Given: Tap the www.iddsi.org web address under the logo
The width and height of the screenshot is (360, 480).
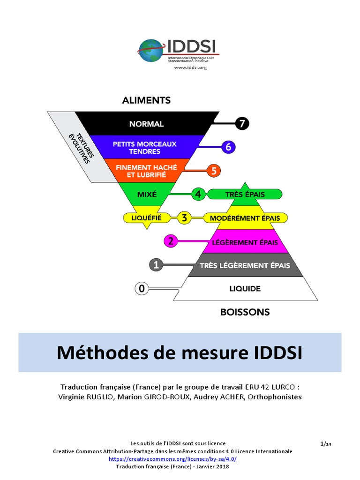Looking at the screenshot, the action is click(x=190, y=67).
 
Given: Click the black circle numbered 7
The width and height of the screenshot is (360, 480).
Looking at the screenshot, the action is click(x=242, y=124).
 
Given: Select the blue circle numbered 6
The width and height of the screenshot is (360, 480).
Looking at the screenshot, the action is click(x=228, y=147).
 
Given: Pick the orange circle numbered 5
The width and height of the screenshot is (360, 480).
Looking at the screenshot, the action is click(x=214, y=171).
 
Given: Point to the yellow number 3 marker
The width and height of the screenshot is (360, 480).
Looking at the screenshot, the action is click(x=184, y=218).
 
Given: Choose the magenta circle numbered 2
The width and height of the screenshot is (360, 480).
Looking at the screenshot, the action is click(x=171, y=241).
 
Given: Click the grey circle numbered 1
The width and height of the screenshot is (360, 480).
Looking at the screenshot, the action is click(x=156, y=265).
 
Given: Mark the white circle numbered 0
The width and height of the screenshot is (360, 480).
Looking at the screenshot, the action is click(x=142, y=289).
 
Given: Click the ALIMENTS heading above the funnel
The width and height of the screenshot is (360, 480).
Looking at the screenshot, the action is click(x=146, y=100).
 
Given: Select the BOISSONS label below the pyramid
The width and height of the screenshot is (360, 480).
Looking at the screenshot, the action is click(x=245, y=312).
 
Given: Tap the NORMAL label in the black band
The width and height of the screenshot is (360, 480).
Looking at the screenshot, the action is click(x=147, y=124).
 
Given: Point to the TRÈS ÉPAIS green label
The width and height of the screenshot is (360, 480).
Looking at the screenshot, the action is click(x=244, y=194).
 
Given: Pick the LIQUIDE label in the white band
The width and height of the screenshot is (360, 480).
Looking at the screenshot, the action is click(x=245, y=289).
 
